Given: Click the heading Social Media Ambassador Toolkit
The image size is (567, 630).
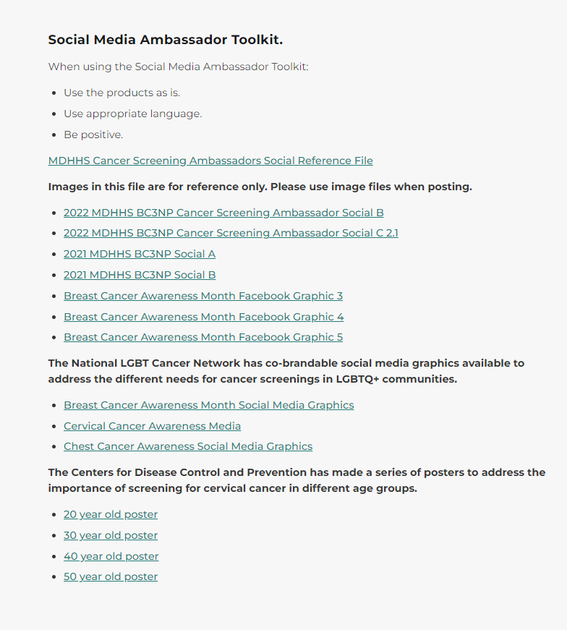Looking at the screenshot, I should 165,40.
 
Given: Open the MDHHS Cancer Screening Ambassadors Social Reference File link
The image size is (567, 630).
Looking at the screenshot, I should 210,161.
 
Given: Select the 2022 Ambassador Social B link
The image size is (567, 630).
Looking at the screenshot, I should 223,213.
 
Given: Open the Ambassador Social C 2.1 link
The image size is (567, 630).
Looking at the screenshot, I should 231,233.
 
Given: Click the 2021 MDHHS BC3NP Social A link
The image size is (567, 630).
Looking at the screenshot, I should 140,254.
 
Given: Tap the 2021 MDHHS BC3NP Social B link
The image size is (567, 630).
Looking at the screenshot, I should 140,275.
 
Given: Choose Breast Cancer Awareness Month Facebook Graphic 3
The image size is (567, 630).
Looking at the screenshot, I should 203,296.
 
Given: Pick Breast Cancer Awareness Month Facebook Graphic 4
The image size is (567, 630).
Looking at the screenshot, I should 203,317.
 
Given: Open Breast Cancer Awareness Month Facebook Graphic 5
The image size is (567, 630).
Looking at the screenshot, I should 203,337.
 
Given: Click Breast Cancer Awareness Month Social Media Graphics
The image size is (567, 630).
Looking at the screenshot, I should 209,405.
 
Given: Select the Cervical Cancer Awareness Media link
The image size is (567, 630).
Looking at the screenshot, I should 152,426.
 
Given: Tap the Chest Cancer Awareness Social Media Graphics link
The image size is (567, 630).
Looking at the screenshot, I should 188,446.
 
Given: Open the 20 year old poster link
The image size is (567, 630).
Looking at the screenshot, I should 111,514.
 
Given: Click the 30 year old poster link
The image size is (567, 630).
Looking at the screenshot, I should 111,535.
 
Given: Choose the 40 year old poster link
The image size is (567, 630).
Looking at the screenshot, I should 111,556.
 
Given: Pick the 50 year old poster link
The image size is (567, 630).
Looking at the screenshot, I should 111,576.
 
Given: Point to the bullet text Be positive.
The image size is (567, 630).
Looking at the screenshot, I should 93,135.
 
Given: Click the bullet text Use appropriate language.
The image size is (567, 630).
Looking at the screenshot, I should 133,114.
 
